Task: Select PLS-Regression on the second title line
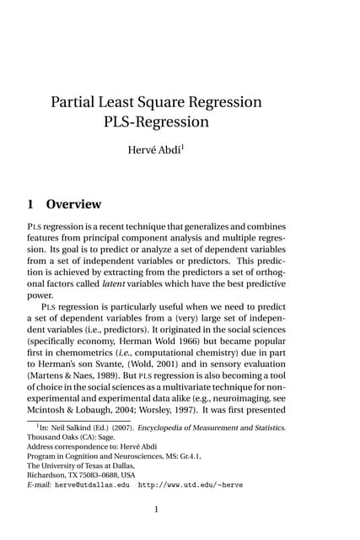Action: pyautogui.click(x=156, y=121)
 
